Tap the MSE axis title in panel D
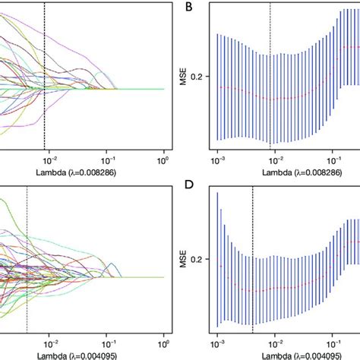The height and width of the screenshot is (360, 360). [182, 259]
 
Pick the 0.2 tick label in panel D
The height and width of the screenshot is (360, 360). [201, 259]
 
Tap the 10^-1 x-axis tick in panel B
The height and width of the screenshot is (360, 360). [334, 161]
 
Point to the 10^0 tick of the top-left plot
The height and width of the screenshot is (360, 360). [163, 161]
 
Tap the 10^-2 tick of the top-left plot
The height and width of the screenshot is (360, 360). [49, 161]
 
